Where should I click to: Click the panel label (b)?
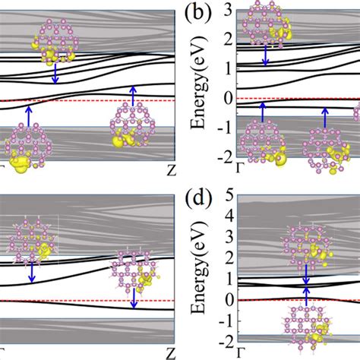coord(195,14)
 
